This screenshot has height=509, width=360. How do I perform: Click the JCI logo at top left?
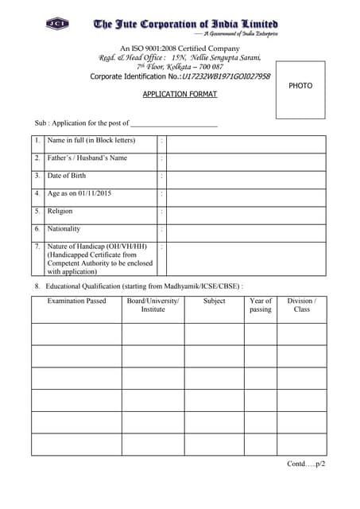pos(57,24)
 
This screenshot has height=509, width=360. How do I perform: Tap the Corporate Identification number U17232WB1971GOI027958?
pos(225,77)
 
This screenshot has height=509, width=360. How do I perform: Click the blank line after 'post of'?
pos(173,123)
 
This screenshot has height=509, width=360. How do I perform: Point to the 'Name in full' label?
pos(91,141)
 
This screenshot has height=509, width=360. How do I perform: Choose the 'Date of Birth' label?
pos(67,176)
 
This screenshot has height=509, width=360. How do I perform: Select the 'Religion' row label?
pos(60,212)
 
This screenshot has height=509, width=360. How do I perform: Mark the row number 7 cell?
pos(37,247)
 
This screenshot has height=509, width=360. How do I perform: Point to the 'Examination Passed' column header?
pos(76,301)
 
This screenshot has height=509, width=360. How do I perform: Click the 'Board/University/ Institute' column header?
pos(153,305)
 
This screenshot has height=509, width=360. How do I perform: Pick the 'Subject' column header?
pos(214,301)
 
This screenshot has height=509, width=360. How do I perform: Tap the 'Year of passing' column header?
pos(260,305)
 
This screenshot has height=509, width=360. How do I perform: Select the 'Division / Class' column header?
pos(301,305)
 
